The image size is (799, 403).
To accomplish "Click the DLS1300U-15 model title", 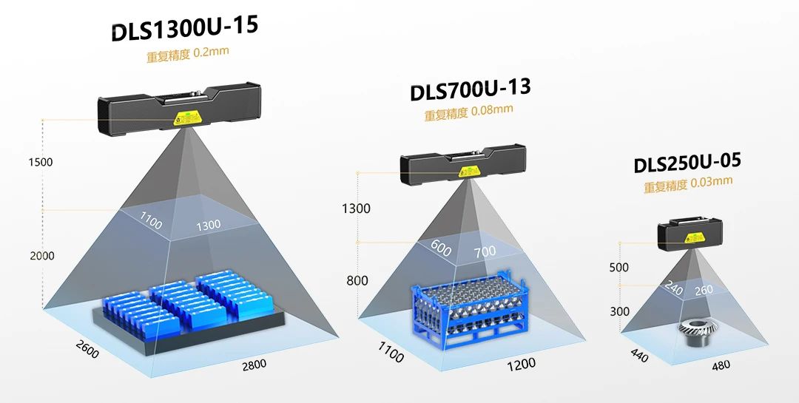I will [x=184, y=29].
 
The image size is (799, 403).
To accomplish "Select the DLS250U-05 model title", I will [x=687, y=163].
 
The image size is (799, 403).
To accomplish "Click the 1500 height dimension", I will [x=40, y=163].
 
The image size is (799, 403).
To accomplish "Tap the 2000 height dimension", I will [x=41, y=256].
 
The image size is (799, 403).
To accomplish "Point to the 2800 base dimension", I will [x=253, y=364].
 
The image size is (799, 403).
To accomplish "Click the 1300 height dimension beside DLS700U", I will [x=356, y=209].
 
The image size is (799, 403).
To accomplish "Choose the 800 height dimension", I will [x=357, y=280].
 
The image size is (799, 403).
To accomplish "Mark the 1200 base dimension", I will [x=521, y=364].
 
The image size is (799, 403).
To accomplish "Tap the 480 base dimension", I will [x=721, y=365].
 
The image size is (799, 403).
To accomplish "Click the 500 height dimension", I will [x=619, y=267].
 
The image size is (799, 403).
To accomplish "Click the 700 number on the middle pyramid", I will [x=485, y=252].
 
